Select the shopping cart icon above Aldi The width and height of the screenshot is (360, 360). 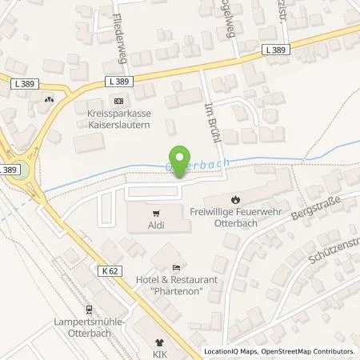pyautogui.click(x=157, y=214)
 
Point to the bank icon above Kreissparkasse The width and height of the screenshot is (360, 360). pyautogui.click(x=118, y=100)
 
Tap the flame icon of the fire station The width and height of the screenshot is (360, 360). pyautogui.click(x=235, y=198)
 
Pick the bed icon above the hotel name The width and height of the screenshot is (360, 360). pyautogui.click(x=177, y=268)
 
